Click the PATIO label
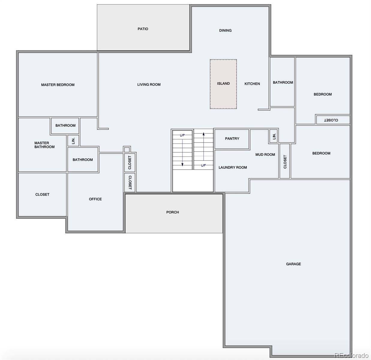pyautogui.click(x=143, y=29)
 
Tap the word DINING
pyautogui.click(x=225, y=30)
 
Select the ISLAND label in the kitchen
pyautogui.click(x=223, y=83)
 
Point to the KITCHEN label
pyautogui.click(x=252, y=84)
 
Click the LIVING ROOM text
pyautogui.click(x=149, y=85)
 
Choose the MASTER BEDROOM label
pyautogui.click(x=58, y=85)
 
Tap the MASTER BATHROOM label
pyautogui.click(x=44, y=145)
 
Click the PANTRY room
pyautogui.click(x=232, y=139)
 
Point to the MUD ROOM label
pyautogui.click(x=265, y=154)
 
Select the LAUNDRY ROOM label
pyautogui.click(x=233, y=167)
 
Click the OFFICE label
pyautogui.click(x=95, y=199)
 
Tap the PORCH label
pyautogui.click(x=172, y=212)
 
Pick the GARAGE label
pyautogui.click(x=293, y=264)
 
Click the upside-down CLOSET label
pyautogui.click(x=331, y=120)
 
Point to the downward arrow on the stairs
pyautogui.click(x=182, y=152)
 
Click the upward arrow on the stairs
pyautogui.click(x=204, y=146)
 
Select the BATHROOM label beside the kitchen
pyautogui.click(x=283, y=82)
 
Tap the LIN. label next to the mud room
pyautogui.click(x=274, y=136)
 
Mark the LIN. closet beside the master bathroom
pyautogui.click(x=73, y=141)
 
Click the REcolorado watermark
pyautogui.click(x=352, y=355)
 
